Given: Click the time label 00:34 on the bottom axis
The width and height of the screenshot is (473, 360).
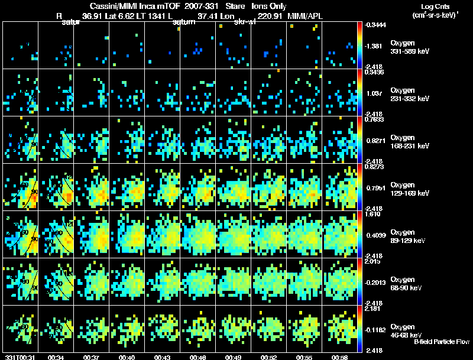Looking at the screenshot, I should pyautogui.click(x=56, y=357).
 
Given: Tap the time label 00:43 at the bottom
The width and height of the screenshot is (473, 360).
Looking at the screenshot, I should pyautogui.click(x=163, y=357).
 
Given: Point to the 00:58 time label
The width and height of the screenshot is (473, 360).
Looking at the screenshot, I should pyautogui.click(x=339, y=357).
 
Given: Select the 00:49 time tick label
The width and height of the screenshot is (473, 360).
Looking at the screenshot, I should pyautogui.click(x=234, y=357).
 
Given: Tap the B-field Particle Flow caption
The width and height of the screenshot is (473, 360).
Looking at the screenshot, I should pyautogui.click(x=441, y=342).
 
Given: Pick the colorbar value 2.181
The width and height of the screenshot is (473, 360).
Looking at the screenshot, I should pyautogui.click(x=371, y=309).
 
